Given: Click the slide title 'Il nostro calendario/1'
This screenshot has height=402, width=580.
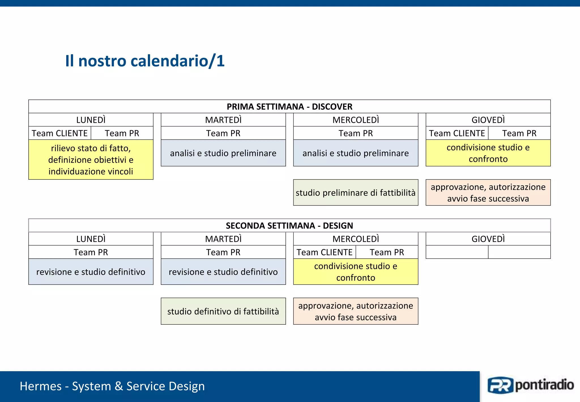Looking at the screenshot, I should (x=145, y=61).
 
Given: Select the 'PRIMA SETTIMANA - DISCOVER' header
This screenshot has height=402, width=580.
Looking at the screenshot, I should (x=289, y=107).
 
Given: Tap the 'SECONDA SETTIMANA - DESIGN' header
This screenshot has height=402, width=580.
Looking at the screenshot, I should (x=289, y=226).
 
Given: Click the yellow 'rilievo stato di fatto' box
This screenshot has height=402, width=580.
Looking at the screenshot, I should (x=91, y=160).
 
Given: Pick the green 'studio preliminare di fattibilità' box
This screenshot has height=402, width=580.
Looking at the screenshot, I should (x=355, y=193).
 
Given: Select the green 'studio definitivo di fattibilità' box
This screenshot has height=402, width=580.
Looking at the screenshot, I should (x=223, y=311).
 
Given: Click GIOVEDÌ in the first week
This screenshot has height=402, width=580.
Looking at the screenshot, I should (x=488, y=120).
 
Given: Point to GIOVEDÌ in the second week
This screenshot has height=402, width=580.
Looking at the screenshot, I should (x=488, y=239).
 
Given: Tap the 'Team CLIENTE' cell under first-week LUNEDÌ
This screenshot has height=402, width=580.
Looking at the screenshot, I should (x=59, y=133).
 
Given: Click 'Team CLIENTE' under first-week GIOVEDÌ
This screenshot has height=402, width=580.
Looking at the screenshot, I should (x=457, y=133).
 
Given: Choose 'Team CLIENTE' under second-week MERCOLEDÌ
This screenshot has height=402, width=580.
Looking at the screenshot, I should (x=324, y=252).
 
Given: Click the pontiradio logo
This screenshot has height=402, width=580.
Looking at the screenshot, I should (x=530, y=386).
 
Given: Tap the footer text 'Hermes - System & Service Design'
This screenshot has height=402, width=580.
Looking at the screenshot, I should (x=112, y=386).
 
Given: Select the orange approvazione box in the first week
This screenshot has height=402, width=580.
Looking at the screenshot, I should (x=488, y=193).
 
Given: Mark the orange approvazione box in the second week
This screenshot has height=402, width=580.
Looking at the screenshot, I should (x=355, y=311).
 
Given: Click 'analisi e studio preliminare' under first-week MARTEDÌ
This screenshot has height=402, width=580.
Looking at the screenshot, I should (x=223, y=153).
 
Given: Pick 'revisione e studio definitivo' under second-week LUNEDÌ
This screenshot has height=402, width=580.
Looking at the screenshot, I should (x=91, y=272).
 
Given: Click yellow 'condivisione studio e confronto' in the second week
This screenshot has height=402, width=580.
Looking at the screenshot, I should (x=355, y=272).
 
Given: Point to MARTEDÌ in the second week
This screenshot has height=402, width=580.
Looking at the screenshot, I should (x=223, y=239).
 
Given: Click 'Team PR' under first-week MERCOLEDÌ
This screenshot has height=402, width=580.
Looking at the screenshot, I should (x=355, y=133).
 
